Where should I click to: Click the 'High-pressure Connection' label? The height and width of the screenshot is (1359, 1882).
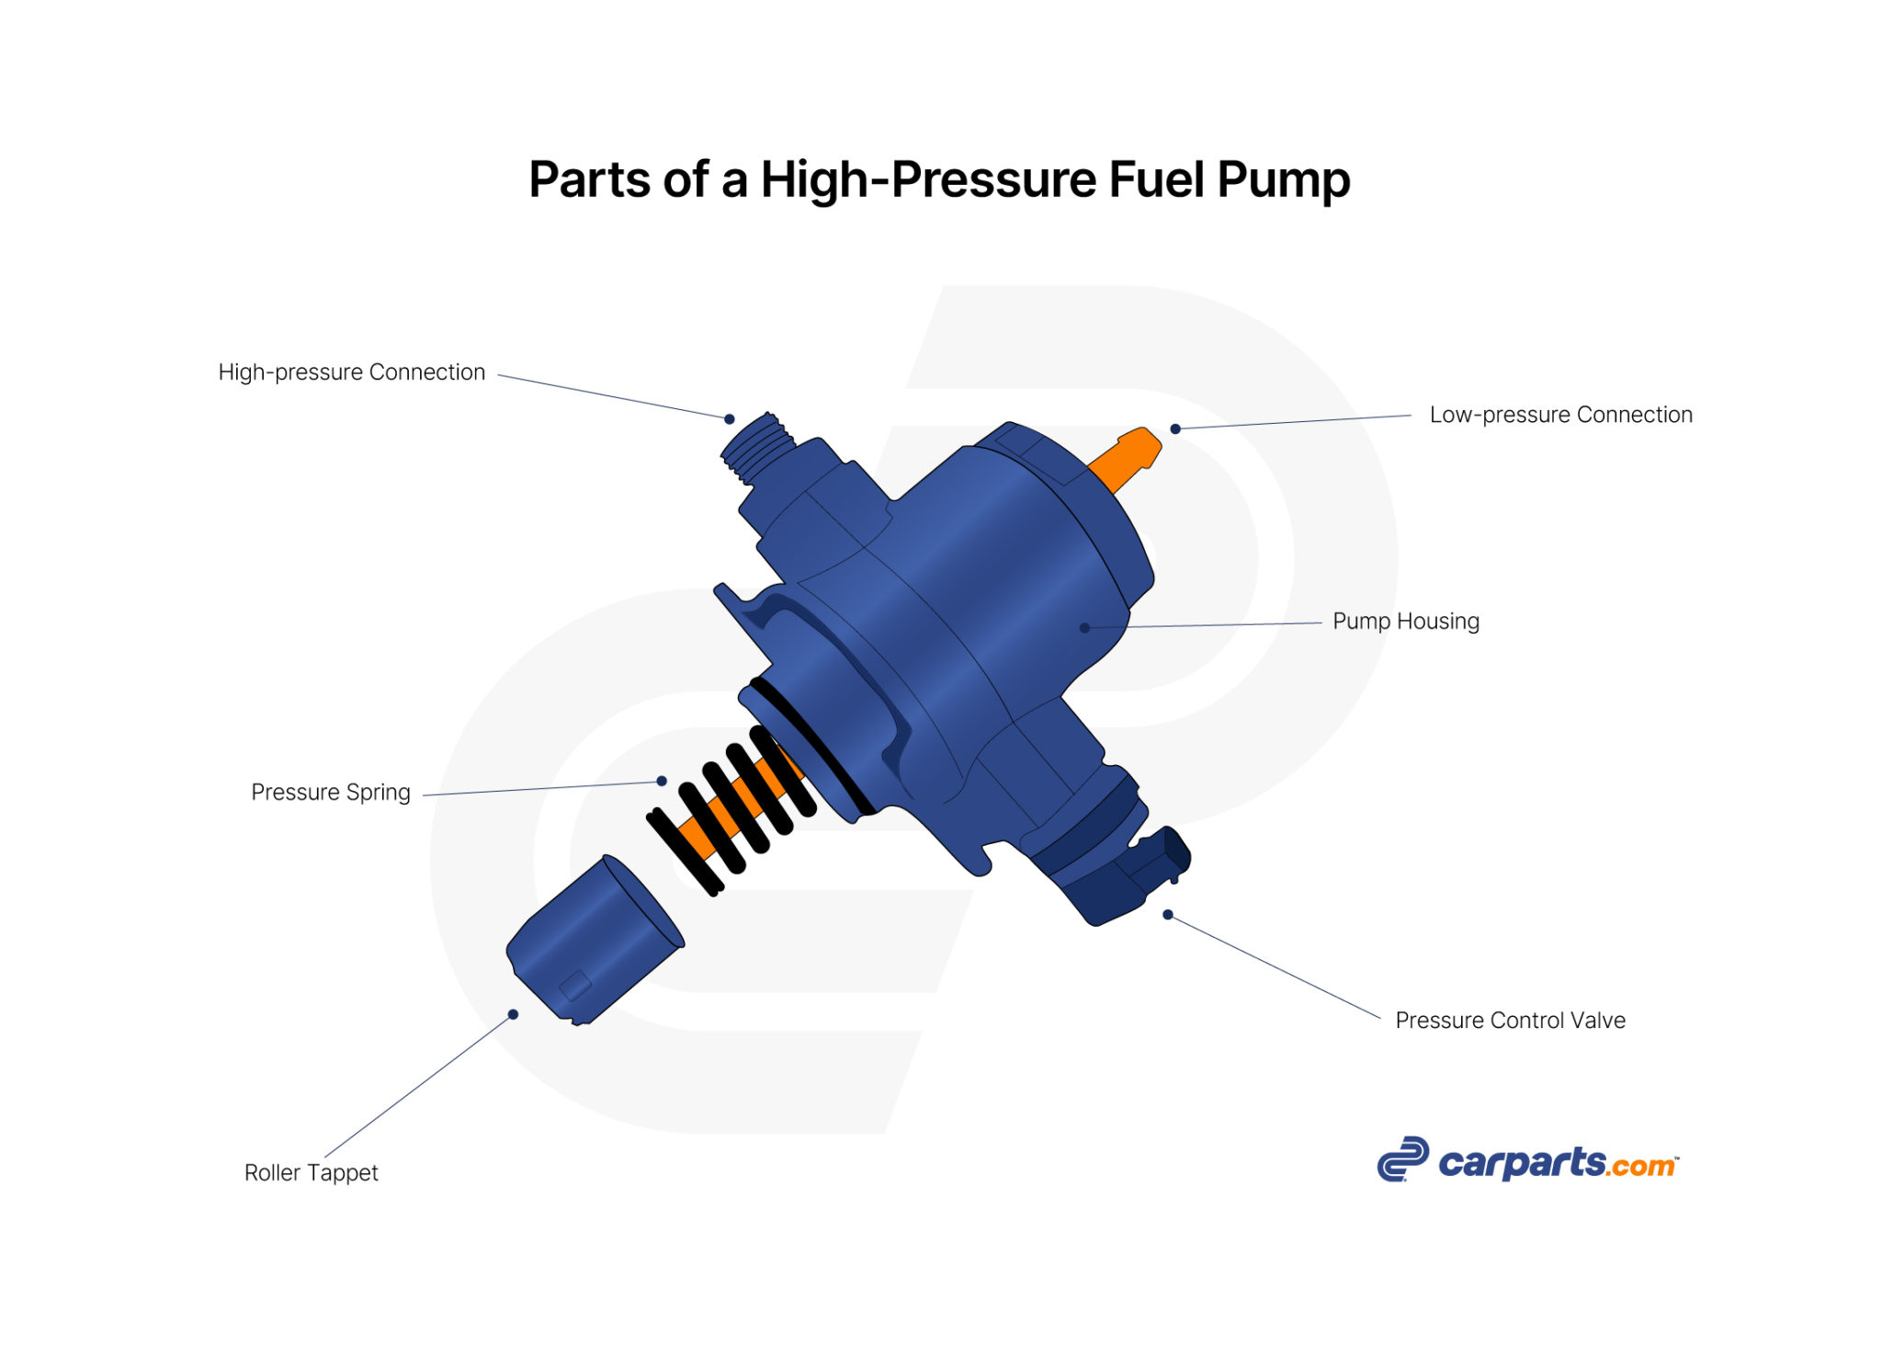351,372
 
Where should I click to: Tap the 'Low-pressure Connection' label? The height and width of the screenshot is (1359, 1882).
1560,415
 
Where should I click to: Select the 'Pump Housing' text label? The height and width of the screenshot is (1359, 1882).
1405,622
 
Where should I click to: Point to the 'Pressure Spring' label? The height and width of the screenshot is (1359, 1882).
331,793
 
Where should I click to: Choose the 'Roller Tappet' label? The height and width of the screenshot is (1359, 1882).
311,1173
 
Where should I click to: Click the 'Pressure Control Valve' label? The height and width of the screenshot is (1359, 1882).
1510,1021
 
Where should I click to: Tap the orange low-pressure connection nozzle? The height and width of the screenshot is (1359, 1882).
1127,460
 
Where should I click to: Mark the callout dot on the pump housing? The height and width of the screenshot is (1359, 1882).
1084,628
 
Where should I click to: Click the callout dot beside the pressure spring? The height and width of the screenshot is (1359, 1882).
662,782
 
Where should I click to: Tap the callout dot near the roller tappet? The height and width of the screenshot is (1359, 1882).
513,1015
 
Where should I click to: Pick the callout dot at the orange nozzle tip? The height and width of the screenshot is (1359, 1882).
1175,429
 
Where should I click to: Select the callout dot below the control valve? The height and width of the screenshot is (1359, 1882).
1167,915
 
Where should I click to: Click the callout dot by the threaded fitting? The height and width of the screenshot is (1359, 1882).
729,419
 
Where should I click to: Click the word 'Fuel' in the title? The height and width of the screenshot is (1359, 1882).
1156,179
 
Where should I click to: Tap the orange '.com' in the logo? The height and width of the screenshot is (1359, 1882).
1641,1166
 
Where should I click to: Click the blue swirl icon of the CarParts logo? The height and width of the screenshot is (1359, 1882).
1402,1159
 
